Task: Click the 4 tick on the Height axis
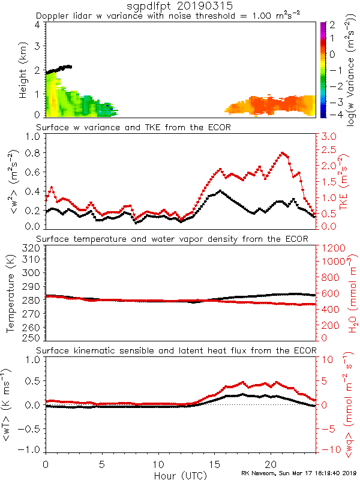(x=37, y=25)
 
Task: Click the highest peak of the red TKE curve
(x=282, y=153)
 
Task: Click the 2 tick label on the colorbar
(x=335, y=25)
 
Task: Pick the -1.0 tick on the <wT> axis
(x=31, y=449)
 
